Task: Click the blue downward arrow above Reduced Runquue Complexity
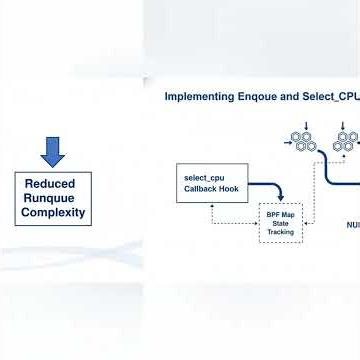pyautogui.click(x=53, y=152)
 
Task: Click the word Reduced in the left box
pyautogui.click(x=50, y=184)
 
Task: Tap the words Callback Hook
pyautogui.click(x=205, y=187)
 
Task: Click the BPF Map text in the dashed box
pyautogui.click(x=280, y=214)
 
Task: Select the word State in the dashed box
pyautogui.click(x=280, y=223)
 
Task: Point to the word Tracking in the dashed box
pyautogui.click(x=280, y=231)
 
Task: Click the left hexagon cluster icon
pyautogui.click(x=303, y=141)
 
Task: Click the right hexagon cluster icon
pyautogui.click(x=346, y=141)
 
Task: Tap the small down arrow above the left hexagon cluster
pyautogui.click(x=306, y=125)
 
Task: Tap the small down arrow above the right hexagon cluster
pyautogui.click(x=342, y=125)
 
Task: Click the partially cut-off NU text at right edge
pyautogui.click(x=352, y=225)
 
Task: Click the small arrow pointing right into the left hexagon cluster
pyautogui.click(x=288, y=143)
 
